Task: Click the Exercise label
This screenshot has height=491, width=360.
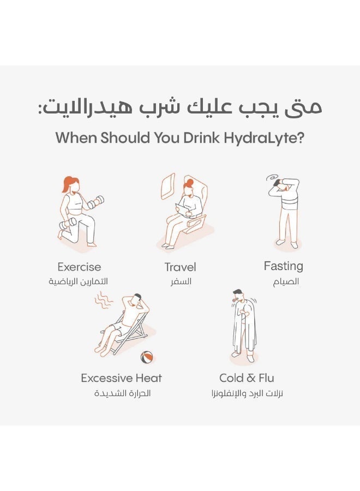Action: coord(79,267)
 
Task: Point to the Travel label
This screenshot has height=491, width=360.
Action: coord(180,267)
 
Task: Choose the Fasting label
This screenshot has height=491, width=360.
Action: coord(283,266)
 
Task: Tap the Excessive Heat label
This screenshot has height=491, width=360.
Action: coord(121,378)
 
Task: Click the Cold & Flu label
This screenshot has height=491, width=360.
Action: coord(247,378)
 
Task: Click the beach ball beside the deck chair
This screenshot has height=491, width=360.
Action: coord(147,357)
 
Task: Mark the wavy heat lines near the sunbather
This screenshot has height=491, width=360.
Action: coord(103,300)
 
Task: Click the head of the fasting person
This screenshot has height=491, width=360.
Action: coord(285,185)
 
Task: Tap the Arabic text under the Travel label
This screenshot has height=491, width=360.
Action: coord(180,282)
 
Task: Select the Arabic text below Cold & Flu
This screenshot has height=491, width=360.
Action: coord(247,393)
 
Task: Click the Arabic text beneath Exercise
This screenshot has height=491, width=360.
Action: coord(79,282)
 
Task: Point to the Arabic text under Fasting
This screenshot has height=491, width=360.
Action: coord(286,282)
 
